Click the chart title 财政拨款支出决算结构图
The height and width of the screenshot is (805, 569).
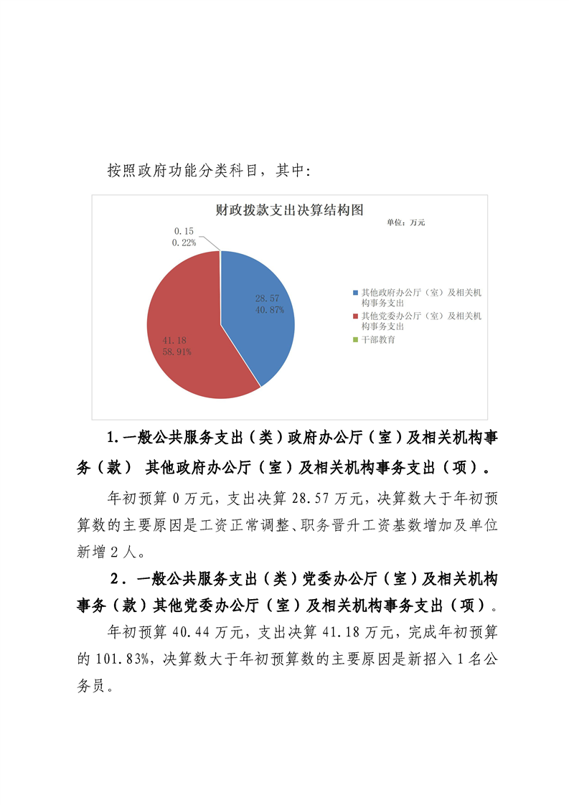[289, 210]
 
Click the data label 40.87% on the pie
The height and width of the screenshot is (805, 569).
[270, 310]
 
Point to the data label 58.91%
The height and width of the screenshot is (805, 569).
[177, 352]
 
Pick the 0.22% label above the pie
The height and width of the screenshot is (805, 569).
[184, 243]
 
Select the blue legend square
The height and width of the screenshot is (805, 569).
[355, 293]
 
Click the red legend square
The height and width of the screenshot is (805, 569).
[355, 316]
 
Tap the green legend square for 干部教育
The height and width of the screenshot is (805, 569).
[355, 339]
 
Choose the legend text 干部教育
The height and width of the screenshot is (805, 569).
[377, 339]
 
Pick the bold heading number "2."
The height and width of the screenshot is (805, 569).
[116, 579]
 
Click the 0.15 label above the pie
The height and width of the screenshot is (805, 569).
[184, 231]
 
